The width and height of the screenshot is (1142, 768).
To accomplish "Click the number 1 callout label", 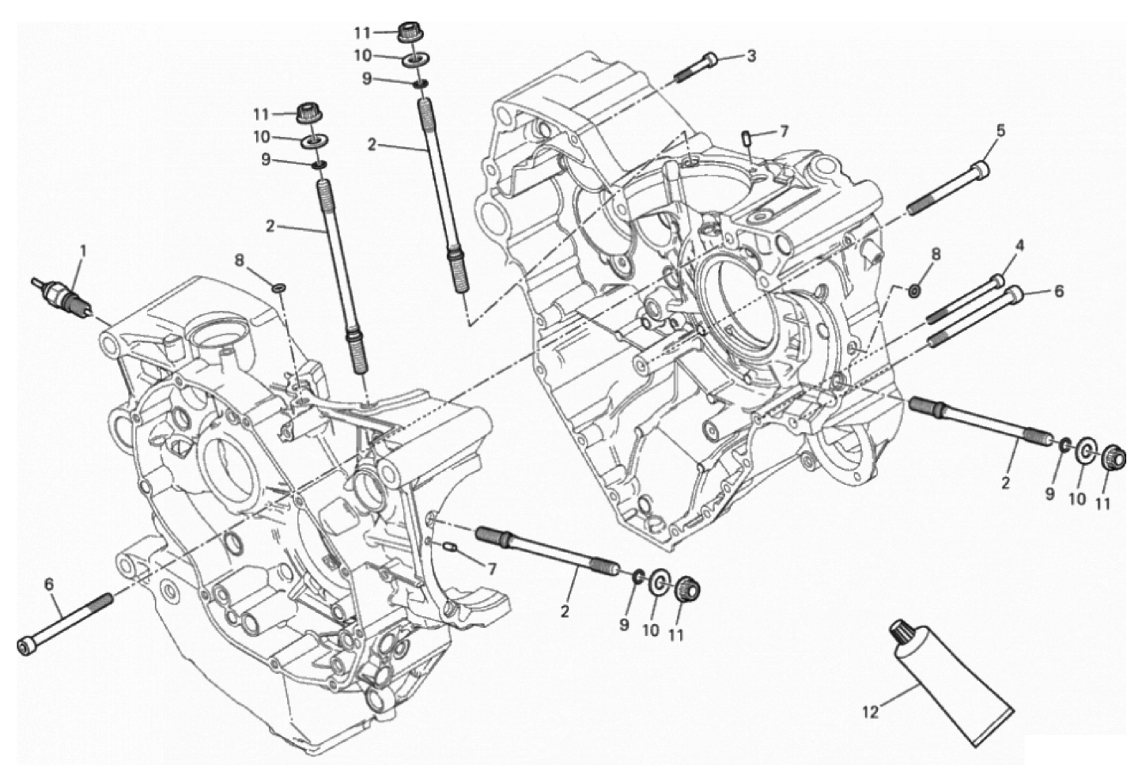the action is click(x=82, y=251).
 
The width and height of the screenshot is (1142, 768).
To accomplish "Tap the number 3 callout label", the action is click(x=751, y=56).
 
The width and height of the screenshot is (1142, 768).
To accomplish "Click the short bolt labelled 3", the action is click(x=696, y=68).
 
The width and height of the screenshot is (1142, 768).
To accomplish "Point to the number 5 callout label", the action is click(x=1000, y=131).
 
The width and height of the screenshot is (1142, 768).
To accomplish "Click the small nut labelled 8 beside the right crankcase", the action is click(x=914, y=292).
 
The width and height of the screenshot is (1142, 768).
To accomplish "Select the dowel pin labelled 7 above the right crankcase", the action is click(x=747, y=138).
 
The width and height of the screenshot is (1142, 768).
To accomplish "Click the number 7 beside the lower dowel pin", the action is click(x=492, y=569).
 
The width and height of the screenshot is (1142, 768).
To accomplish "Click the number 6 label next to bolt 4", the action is click(x=1058, y=291).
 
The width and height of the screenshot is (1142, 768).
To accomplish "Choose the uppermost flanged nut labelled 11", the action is click(x=407, y=32).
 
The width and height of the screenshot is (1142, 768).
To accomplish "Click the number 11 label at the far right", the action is click(x=1102, y=504).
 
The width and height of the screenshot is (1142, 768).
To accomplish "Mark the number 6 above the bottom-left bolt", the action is click(x=50, y=585).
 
